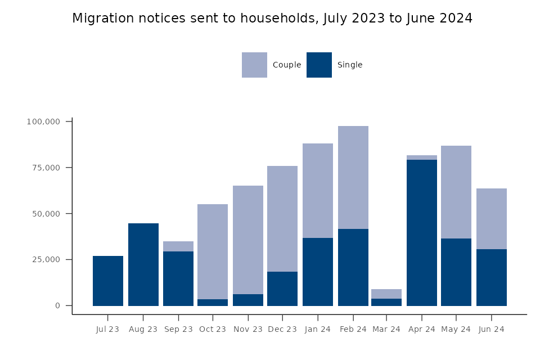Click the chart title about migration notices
tap(272, 19)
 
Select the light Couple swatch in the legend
tap(254, 65)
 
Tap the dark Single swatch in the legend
tap(319, 65)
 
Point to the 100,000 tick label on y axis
tap(43, 121)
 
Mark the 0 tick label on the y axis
tap(57, 306)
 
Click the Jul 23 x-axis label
tap(107, 329)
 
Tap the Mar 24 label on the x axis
tap(386, 329)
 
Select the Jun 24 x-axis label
tap(491, 329)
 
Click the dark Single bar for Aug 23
tap(143, 264)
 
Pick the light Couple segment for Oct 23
tap(213, 251)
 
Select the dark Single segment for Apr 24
tap(422, 232)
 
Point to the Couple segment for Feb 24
tap(353, 177)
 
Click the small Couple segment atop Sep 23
tap(178, 246)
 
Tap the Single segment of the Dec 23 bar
tap(282, 289)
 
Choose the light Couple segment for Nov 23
tap(248, 240)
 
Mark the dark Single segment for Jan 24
tap(318, 272)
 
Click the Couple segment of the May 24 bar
tap(456, 192)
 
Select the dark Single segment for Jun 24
tap(491, 277)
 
